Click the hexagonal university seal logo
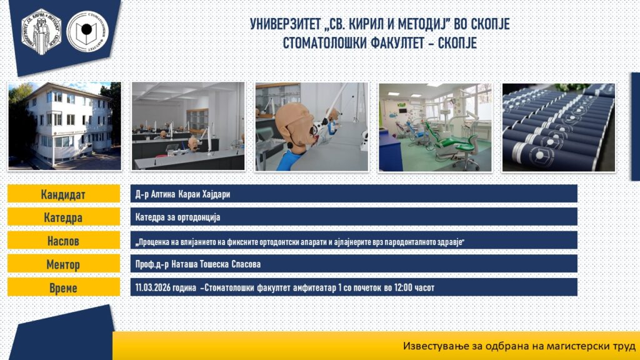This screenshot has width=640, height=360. coord(41,32)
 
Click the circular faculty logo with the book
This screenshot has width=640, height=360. coord(87,31)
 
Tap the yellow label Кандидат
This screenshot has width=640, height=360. coord(64,194)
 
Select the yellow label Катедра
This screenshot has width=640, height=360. coord(64,217)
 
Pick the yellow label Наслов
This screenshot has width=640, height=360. coord(64,241)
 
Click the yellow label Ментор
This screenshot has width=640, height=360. coord(64,264)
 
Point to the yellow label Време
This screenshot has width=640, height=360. coord(64,287)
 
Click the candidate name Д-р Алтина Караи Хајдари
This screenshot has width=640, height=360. coord(182,194)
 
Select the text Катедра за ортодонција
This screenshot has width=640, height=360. coord(177,217)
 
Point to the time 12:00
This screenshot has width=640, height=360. coord(403,287)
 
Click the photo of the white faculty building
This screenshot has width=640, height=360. coord(64,126)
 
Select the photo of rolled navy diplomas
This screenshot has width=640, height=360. coord(558,127)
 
